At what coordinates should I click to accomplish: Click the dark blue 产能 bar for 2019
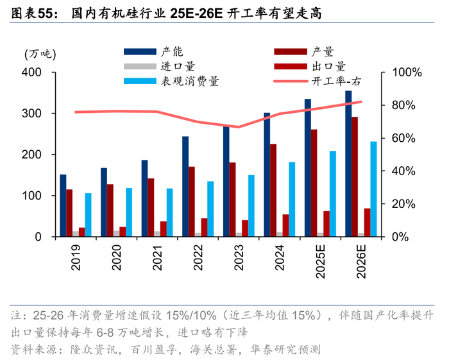tap(63, 205)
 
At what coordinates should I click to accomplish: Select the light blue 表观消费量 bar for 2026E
tap(373, 189)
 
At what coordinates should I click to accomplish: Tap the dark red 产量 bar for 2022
tap(192, 201)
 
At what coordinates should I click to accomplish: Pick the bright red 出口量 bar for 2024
tap(286, 225)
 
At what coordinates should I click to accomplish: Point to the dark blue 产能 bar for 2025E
tap(308, 167)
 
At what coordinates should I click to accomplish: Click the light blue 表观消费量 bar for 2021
tap(170, 212)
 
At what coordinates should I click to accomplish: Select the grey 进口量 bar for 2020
tap(116, 234)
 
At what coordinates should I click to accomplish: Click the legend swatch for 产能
tap(140, 51)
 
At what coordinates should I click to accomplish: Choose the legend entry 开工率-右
tap(318, 81)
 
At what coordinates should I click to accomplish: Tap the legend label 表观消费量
tap(190, 81)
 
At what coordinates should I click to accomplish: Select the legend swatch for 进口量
tap(140, 67)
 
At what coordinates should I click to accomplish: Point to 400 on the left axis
tap(31, 72)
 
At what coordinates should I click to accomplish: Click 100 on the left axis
tap(31, 196)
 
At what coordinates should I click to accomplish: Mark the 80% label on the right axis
tap(403, 105)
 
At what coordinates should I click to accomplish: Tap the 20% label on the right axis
tap(403, 204)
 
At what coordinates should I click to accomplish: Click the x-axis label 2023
tap(239, 257)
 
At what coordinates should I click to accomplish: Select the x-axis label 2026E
tap(361, 261)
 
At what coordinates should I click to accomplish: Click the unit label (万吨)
tap(40, 54)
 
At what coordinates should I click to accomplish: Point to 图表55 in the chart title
tap(32, 13)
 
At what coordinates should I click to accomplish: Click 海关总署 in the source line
tap(214, 350)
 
